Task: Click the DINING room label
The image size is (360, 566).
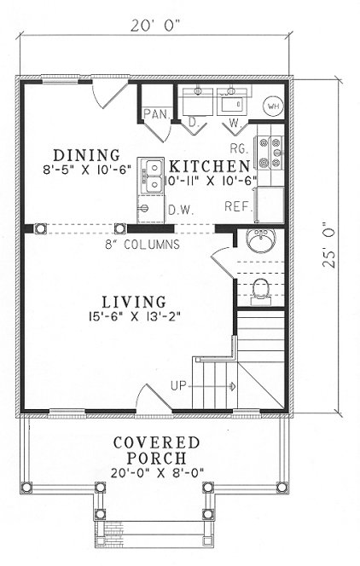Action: click(85, 155)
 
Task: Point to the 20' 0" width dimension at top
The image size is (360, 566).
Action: click(156, 26)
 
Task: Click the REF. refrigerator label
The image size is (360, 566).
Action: click(237, 206)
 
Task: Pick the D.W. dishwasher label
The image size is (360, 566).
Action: click(178, 209)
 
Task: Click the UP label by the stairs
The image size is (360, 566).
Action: click(180, 385)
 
